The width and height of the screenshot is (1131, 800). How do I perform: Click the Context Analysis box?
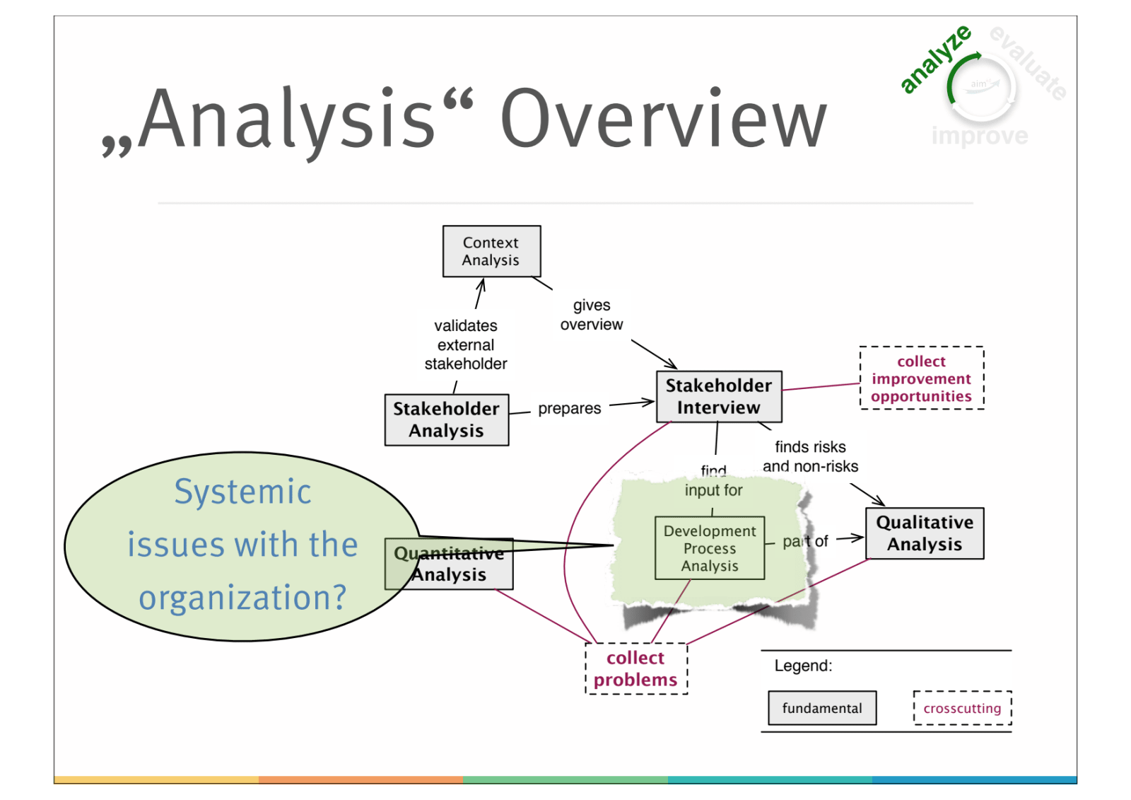tap(491, 251)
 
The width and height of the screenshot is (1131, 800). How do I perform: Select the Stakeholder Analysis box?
tap(446, 419)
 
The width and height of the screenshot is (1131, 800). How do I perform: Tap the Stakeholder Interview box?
tap(718, 396)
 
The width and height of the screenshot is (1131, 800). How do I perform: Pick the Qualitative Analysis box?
tap(924, 533)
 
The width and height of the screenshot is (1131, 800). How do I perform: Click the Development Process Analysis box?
tap(709, 548)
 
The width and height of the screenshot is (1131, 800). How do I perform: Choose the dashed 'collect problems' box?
tap(635, 668)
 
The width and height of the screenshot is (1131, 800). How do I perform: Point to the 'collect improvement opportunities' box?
tap(921, 378)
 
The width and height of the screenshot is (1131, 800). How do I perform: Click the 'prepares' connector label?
tap(569, 408)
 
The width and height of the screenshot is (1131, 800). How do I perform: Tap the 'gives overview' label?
tap(592, 315)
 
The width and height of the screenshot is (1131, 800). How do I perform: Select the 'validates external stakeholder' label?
tap(466, 344)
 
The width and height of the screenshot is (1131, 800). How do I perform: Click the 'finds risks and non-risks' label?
tap(810, 456)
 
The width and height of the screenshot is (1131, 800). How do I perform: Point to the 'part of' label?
tap(805, 541)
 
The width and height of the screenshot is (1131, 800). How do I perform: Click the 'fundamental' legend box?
tap(822, 708)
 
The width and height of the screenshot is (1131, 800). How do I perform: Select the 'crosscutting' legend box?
tap(962, 708)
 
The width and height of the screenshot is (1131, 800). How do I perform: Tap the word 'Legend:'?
tap(803, 666)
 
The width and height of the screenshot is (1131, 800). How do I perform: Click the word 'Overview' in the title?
tap(663, 119)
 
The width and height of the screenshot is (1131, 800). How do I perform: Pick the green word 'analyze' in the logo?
tap(934, 59)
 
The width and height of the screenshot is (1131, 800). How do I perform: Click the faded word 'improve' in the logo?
tap(980, 135)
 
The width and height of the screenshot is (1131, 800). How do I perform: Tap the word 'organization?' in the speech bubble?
tap(242, 598)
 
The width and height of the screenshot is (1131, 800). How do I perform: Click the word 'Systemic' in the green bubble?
tap(242, 492)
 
